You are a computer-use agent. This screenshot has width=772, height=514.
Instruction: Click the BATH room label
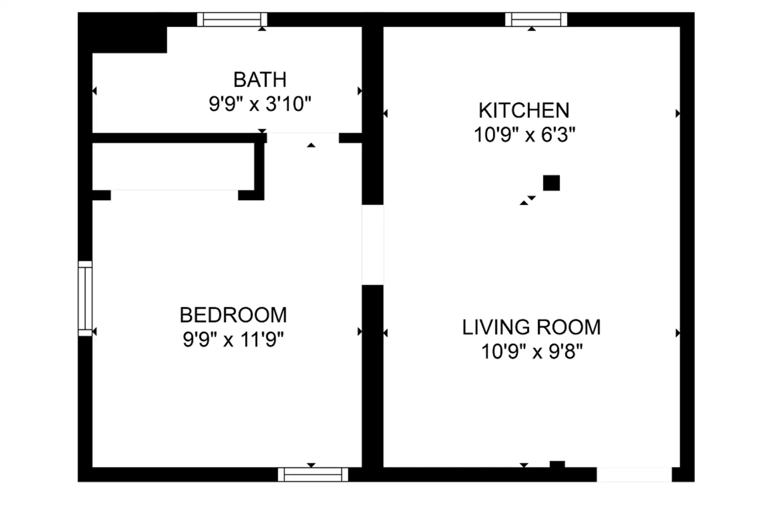(x=260, y=80)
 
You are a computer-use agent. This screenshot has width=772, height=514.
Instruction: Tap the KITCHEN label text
(x=524, y=110)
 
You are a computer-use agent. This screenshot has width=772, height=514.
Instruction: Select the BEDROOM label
(x=233, y=315)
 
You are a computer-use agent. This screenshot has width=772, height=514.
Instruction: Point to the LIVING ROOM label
(x=531, y=327)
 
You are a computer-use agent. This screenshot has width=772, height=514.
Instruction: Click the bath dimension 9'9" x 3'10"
(x=260, y=104)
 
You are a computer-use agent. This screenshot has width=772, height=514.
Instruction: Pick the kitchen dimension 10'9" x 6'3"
(x=524, y=135)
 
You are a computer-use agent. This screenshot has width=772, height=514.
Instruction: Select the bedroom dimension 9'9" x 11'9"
(x=233, y=339)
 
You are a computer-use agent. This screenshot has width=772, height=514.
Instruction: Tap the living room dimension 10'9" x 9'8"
(x=532, y=351)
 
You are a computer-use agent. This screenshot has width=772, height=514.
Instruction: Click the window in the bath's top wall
(x=232, y=19)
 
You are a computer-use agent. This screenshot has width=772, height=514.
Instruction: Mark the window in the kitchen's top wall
(x=536, y=19)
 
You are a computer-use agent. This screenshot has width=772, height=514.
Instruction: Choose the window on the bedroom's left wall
(x=85, y=298)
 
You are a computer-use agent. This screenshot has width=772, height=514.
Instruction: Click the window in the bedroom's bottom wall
(x=313, y=475)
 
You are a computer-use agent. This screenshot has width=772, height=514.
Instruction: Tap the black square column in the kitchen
(x=551, y=183)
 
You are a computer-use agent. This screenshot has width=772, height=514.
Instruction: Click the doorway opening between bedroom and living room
(x=373, y=245)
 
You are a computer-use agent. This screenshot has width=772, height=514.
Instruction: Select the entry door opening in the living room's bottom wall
(x=634, y=475)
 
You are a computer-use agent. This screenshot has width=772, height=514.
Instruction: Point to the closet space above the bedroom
(x=173, y=167)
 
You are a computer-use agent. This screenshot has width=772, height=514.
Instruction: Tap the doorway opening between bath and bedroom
(x=303, y=138)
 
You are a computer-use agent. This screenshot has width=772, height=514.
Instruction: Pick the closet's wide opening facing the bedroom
(x=174, y=195)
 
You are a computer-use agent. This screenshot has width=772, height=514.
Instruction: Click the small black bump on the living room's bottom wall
(x=557, y=464)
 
